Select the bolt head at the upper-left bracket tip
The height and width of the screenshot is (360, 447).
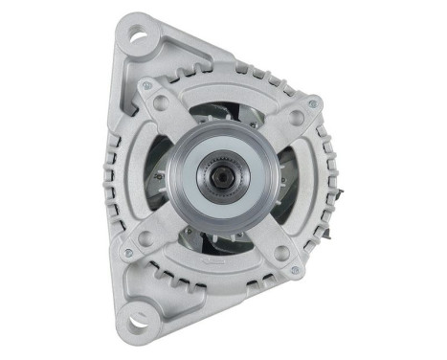click(x=146, y=87)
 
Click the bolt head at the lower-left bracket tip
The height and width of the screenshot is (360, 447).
click(x=127, y=254)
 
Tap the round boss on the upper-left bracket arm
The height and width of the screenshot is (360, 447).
click(x=162, y=101)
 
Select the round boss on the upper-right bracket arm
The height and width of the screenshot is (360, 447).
click(x=297, y=119)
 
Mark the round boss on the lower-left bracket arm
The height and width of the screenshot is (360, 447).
click(x=145, y=237)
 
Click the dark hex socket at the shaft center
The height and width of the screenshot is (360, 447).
click(x=220, y=178)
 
